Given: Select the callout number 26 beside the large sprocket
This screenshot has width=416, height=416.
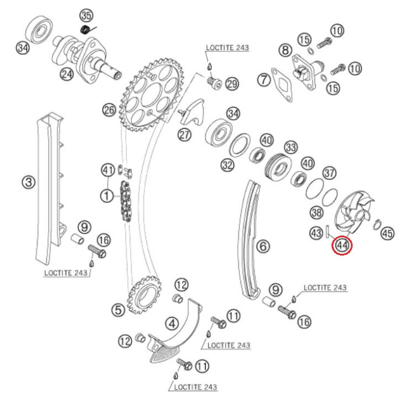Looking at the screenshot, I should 109,110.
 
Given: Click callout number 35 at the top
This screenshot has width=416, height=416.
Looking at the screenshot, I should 86,14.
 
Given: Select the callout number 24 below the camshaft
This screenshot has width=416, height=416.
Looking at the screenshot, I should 66,74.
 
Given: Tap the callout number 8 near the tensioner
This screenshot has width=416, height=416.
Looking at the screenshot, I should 285,51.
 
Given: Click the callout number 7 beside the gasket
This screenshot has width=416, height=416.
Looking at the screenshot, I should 263,80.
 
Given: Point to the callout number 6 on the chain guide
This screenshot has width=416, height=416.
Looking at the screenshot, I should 263,246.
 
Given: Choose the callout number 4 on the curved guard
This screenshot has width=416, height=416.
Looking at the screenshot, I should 171,324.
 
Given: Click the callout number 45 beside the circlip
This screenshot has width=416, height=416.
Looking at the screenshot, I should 387,233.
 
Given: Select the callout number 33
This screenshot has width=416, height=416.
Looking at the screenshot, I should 291,147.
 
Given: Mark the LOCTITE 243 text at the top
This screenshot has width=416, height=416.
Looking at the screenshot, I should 227,48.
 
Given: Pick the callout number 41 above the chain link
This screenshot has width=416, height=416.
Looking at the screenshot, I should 108,171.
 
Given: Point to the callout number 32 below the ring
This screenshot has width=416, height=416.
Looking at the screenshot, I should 227,165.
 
